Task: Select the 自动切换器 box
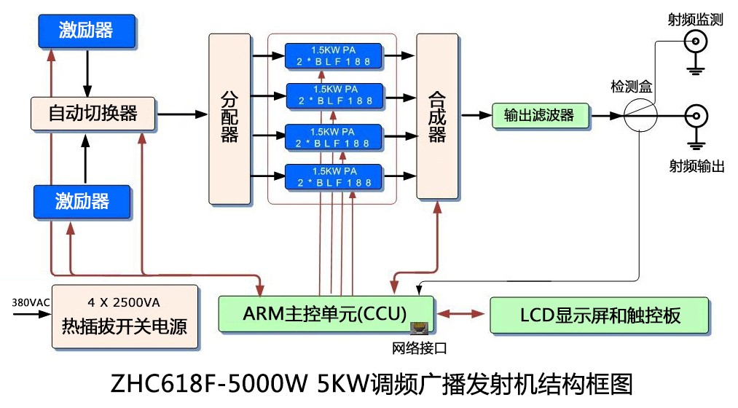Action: [93, 113]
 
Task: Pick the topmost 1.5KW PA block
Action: [333, 56]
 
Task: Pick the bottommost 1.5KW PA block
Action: [333, 177]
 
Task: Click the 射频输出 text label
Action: [696, 166]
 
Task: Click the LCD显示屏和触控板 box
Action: [600, 315]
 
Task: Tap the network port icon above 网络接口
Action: [419, 329]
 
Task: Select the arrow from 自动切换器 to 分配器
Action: [182, 114]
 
